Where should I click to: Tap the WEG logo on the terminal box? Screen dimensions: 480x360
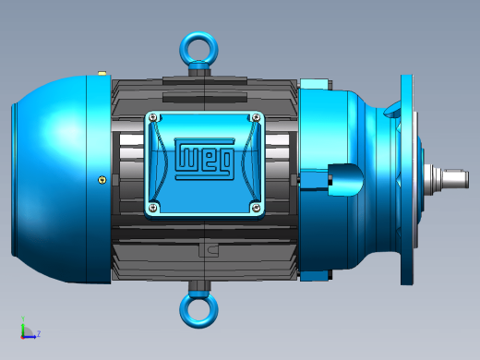[205, 159]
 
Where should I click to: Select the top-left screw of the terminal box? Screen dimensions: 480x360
[154, 118]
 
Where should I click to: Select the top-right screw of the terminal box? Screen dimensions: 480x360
[256, 117]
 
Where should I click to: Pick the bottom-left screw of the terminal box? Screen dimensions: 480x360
[153, 208]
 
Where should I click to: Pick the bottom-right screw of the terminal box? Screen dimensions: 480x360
[256, 209]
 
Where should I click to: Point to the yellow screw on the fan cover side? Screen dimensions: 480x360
[102, 180]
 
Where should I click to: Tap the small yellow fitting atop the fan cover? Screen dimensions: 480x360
[102, 74]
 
